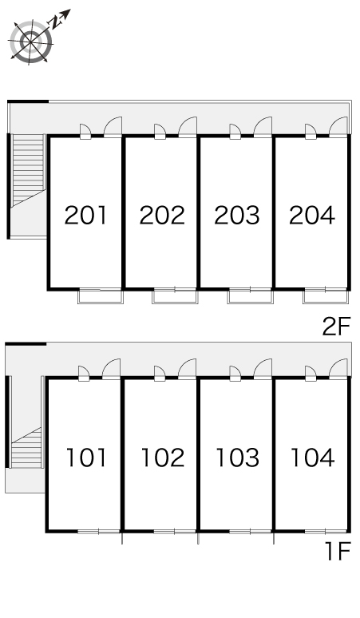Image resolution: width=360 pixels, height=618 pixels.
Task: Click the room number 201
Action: click(85, 216)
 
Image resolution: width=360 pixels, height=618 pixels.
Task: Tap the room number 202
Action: click(162, 216)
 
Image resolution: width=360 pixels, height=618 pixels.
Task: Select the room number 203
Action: click(237, 216)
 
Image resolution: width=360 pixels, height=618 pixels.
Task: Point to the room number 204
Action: click(312, 216)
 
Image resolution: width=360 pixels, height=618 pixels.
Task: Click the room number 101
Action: click(86, 458)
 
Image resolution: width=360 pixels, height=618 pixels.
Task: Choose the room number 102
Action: click(163, 458)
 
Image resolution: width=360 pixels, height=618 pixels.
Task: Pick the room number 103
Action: click(238, 458)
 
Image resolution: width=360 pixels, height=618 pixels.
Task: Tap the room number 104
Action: click(313, 458)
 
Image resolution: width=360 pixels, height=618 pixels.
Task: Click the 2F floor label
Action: click(336, 327)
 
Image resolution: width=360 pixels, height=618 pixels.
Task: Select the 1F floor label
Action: click(338, 551)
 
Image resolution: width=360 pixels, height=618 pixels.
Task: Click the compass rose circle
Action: click(30, 41)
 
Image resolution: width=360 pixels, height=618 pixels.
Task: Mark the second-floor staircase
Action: click(28, 170)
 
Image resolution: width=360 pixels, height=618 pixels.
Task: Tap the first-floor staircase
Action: click(26, 448)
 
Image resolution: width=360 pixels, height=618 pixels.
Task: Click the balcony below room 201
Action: click(101, 296)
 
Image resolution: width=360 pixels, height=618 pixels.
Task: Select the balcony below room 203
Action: click(250, 296)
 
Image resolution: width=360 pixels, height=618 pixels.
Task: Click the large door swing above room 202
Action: click(188, 126)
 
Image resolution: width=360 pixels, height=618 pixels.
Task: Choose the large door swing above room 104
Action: click(338, 369)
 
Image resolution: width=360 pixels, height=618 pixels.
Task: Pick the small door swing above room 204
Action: click(311, 131)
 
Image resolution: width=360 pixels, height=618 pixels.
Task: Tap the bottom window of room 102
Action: click(175, 532)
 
